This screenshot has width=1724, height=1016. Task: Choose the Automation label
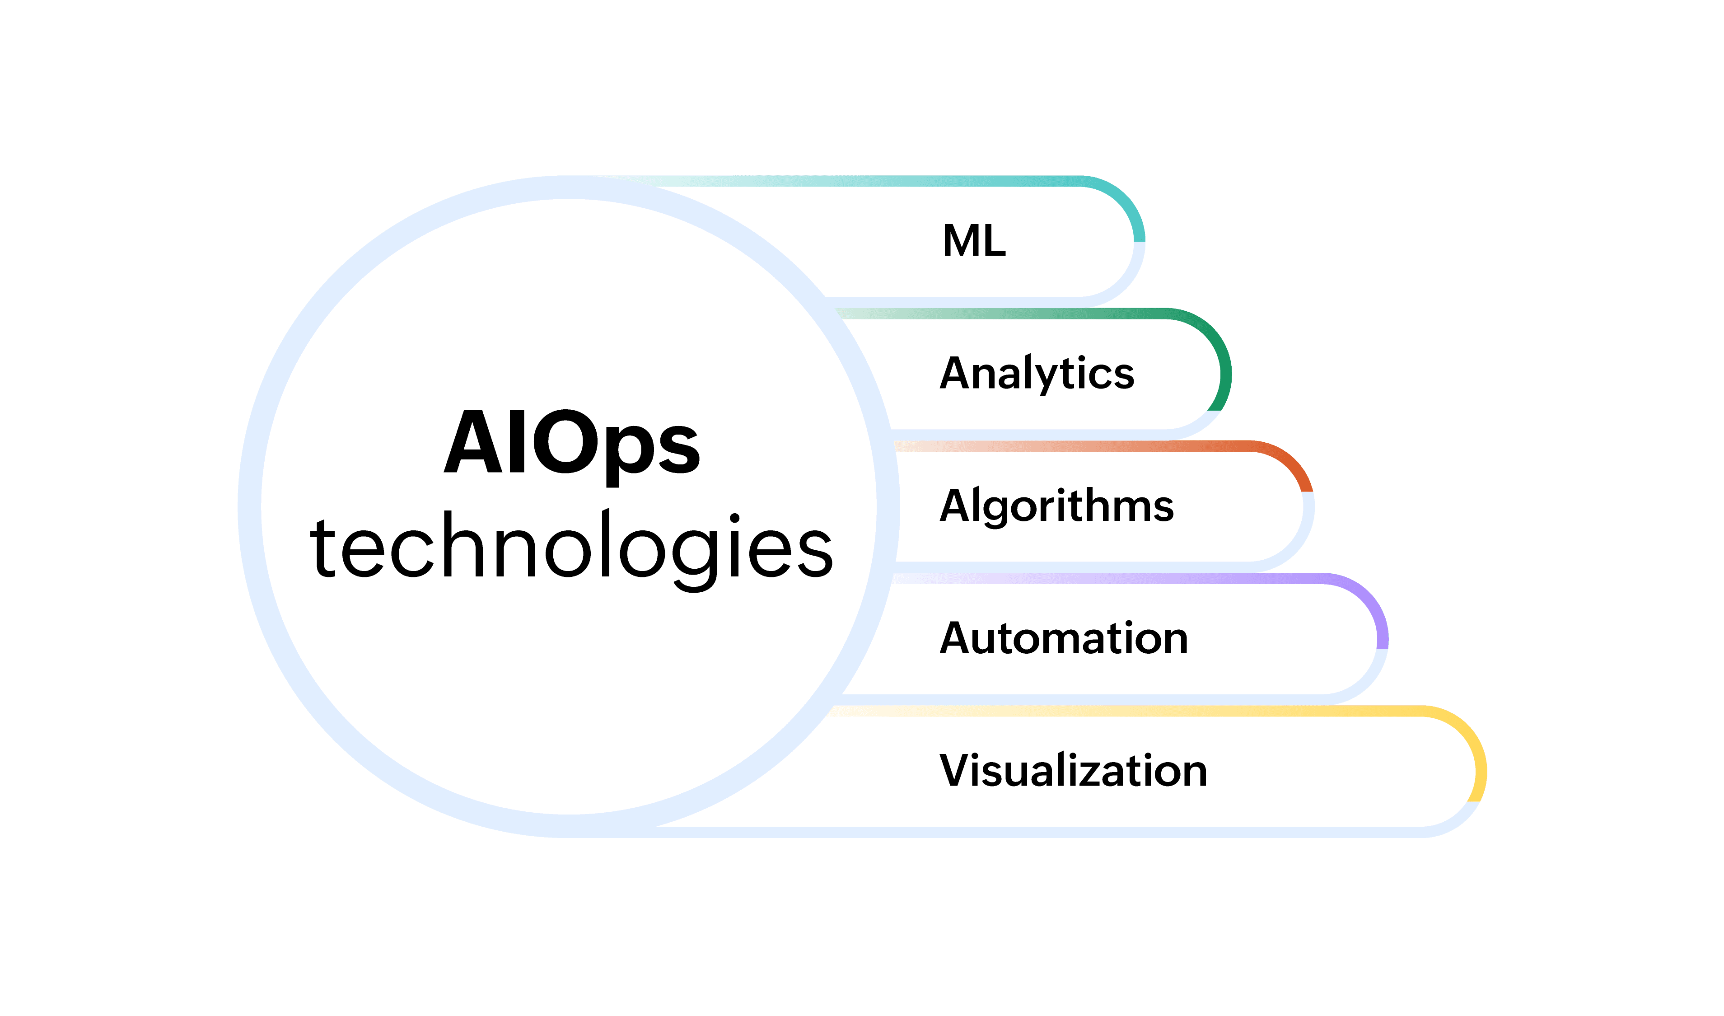click(1064, 638)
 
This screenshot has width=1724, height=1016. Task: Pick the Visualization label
click(1073, 770)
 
